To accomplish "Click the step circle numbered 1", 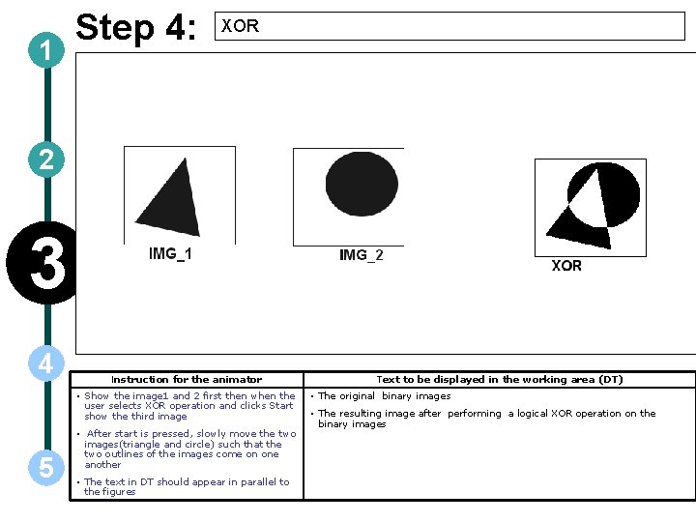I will pyautogui.click(x=45, y=52).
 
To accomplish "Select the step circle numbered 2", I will pyautogui.click(x=45, y=159).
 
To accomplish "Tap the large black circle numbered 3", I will pyautogui.click(x=41, y=263).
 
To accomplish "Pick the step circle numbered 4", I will pyautogui.click(x=45, y=363).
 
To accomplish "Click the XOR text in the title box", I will pyautogui.click(x=240, y=26).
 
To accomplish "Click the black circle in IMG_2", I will pyautogui.click(x=362, y=184).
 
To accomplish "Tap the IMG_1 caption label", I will pyautogui.click(x=170, y=254).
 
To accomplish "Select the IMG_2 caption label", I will pyautogui.click(x=361, y=255).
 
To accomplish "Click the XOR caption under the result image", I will pyautogui.click(x=566, y=266).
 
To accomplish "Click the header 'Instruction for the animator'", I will pyautogui.click(x=187, y=380).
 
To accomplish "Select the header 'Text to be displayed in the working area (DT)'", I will pyautogui.click(x=499, y=380).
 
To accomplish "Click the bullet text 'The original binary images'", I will pyautogui.click(x=384, y=396).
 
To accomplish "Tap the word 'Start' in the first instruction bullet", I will pyautogui.click(x=280, y=406).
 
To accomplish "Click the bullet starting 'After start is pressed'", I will pyautogui.click(x=189, y=449).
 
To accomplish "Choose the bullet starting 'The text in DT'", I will pyautogui.click(x=186, y=486).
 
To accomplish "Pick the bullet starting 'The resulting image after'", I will pyautogui.click(x=486, y=419).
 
